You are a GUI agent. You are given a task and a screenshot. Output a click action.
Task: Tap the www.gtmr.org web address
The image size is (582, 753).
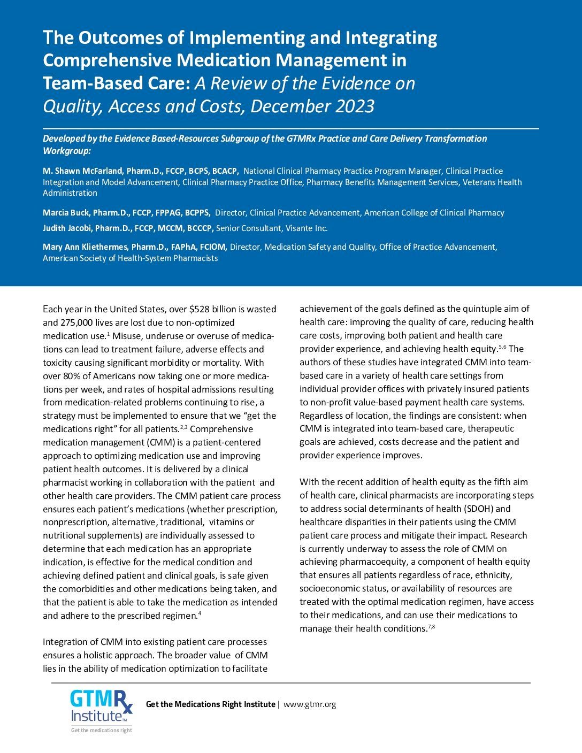point(310,704)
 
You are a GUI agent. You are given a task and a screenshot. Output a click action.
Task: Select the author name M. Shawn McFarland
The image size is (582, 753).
point(83,171)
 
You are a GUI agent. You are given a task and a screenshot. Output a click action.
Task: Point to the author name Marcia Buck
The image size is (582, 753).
point(66,213)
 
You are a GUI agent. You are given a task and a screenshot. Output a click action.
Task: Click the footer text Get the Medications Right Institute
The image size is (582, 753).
point(211,704)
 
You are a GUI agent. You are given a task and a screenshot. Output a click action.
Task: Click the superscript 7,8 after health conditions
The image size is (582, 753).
point(432,627)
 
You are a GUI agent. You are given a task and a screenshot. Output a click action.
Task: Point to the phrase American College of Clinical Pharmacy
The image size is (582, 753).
point(434,213)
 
